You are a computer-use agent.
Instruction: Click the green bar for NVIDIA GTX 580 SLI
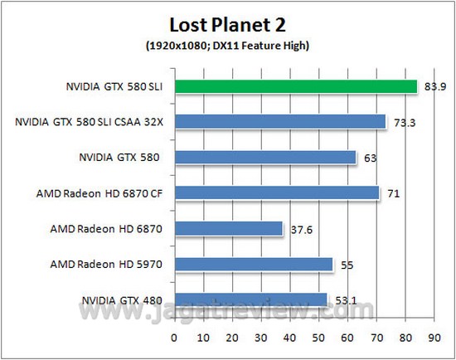(296, 86)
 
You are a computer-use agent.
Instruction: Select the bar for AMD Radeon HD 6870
(229, 228)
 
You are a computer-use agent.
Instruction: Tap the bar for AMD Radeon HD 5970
(254, 265)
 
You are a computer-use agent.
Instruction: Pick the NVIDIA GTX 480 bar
(251, 299)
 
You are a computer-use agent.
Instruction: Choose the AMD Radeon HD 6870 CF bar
(277, 193)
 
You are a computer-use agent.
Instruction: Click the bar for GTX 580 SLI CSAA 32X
(280, 121)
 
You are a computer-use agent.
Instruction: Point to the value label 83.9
(434, 87)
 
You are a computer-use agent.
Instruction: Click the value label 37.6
(302, 230)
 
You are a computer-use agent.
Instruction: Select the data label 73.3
(405, 123)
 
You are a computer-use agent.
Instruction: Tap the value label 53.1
(346, 300)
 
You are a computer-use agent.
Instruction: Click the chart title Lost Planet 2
(227, 25)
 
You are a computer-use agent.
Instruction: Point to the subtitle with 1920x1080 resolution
(227, 46)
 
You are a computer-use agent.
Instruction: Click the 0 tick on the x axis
(174, 338)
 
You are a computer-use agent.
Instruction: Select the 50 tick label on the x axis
(318, 338)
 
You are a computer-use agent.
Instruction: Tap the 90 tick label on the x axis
(434, 338)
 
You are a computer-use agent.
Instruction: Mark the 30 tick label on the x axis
(261, 338)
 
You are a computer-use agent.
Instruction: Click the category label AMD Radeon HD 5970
(106, 265)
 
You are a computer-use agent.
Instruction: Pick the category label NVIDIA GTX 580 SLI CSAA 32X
(89, 122)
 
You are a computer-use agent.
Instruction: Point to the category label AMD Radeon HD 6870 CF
(99, 193)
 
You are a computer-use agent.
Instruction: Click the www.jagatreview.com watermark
(226, 310)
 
